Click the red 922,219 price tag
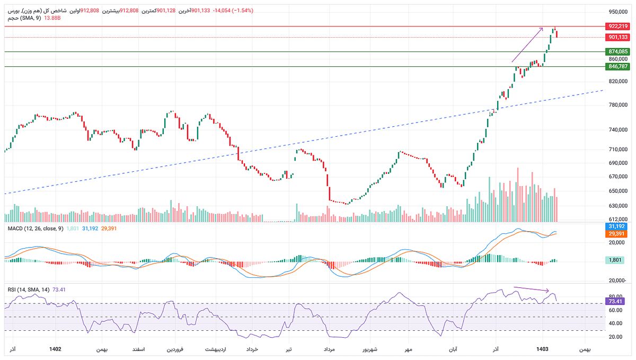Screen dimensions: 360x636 pyautogui.click(x=618, y=26)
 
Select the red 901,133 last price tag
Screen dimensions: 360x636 pyautogui.click(x=618, y=37)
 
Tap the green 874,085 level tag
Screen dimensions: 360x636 pyautogui.click(x=618, y=51)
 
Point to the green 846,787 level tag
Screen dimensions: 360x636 pyautogui.click(x=618, y=66)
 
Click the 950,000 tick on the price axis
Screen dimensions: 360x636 pyautogui.click(x=617, y=12)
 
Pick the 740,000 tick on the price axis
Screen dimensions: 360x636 pyautogui.click(x=617, y=129)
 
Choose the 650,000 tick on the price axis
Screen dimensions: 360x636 pyautogui.click(x=617, y=191)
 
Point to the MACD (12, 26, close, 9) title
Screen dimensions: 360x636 pyautogui.click(x=35, y=229)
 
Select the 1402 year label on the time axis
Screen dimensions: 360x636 pyautogui.click(x=55, y=349)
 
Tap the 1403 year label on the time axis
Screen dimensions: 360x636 pyautogui.click(x=542, y=349)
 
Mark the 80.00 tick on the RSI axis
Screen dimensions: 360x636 pyautogui.click(x=615, y=296)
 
